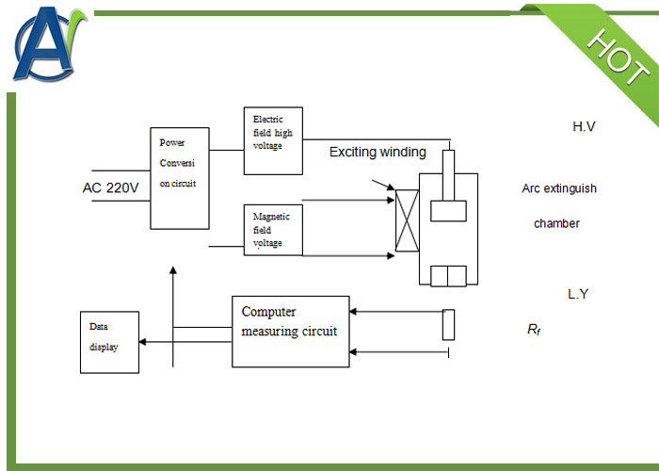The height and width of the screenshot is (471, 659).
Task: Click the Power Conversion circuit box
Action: [180, 176]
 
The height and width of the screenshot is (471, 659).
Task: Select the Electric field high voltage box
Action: [273, 140]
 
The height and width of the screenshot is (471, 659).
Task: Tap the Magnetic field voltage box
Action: [273, 230]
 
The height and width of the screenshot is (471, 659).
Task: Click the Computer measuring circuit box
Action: [290, 332]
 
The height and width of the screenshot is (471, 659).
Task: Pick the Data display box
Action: [109, 341]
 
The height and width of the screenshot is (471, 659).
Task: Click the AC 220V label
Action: [110, 188]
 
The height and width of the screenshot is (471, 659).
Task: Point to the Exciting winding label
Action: [378, 152]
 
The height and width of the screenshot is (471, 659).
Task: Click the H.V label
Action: [584, 126]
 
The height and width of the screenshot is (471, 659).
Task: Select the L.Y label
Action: [578, 294]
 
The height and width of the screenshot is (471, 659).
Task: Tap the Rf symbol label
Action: [533, 330]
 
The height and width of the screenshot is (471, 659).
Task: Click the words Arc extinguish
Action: [559, 188]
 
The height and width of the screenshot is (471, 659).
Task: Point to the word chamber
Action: [556, 223]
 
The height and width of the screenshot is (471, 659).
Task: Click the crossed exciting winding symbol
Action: [408, 220]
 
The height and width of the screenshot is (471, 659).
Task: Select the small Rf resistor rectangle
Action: [448, 323]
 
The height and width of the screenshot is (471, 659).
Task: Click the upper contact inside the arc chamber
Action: [448, 211]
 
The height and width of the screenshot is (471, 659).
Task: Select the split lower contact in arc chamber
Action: [448, 275]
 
